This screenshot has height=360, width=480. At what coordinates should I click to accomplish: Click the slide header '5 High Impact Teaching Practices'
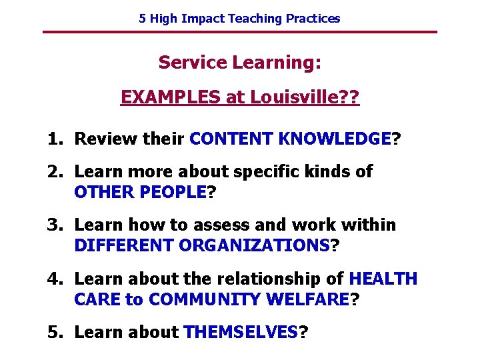239,19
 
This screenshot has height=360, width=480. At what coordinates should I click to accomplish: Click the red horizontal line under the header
239,32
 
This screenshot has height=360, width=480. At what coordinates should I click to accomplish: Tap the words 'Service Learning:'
240,63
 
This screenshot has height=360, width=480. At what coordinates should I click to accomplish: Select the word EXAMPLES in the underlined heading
171,98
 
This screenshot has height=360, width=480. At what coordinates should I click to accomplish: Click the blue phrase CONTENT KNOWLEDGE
290,139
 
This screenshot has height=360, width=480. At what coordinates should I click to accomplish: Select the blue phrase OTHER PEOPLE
141,193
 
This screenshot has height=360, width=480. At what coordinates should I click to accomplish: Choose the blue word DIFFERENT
124,246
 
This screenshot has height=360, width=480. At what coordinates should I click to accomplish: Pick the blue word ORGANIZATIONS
254,246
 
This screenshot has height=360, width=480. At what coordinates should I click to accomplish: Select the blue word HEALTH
383,279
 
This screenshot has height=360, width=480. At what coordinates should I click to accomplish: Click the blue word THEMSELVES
241,332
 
